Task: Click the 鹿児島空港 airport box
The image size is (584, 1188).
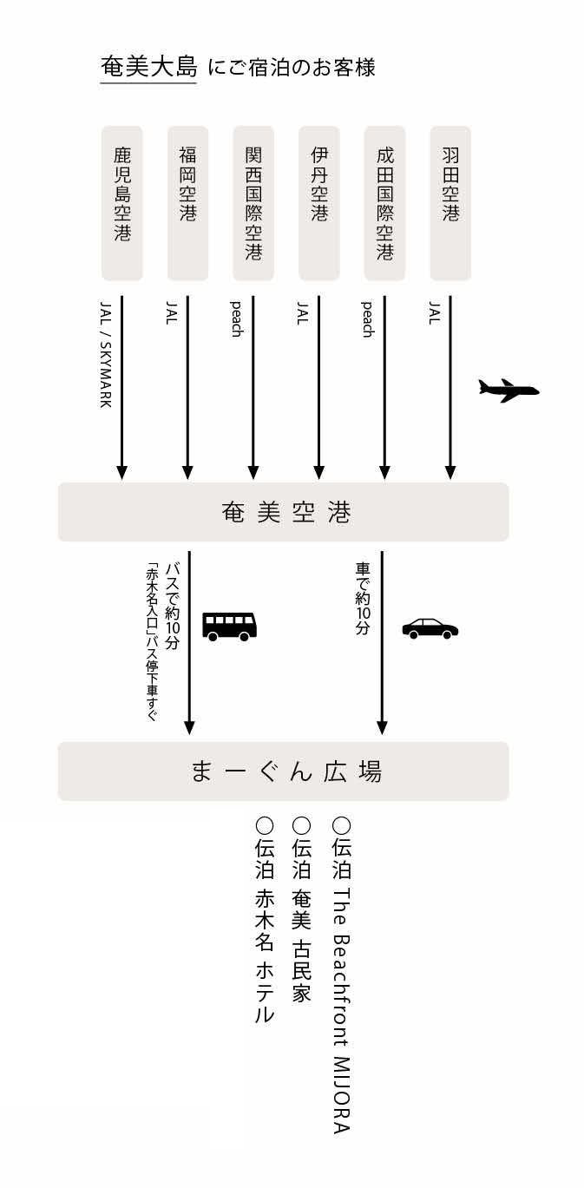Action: tap(122, 203)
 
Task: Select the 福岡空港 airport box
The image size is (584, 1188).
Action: tap(187, 203)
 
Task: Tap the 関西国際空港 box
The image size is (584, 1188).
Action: tap(253, 203)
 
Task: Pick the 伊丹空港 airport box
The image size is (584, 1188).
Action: tap(319, 203)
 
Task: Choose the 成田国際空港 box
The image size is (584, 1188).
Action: tap(384, 203)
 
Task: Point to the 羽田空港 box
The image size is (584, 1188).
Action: tap(450, 203)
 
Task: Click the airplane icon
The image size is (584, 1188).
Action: tap(509, 390)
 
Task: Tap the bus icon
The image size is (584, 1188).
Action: tap(230, 625)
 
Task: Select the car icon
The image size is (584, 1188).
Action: tap(430, 628)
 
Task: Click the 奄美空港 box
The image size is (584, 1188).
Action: tap(283, 512)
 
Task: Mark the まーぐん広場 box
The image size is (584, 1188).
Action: tap(283, 771)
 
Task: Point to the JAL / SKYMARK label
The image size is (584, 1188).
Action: tap(106, 356)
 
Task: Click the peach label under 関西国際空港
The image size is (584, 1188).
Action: tap(236, 319)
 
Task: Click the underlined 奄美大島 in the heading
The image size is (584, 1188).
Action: tap(148, 67)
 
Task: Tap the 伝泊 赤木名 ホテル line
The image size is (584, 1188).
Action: tap(264, 920)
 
